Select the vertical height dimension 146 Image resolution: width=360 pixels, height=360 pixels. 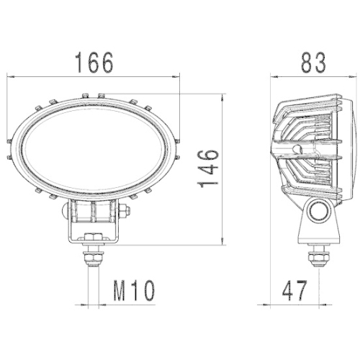(x=207, y=168)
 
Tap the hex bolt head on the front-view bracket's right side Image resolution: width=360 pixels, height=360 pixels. (x=124, y=212)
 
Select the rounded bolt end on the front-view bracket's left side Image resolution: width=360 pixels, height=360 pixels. (x=66, y=212)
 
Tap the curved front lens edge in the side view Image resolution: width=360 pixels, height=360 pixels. (x=350, y=148)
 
